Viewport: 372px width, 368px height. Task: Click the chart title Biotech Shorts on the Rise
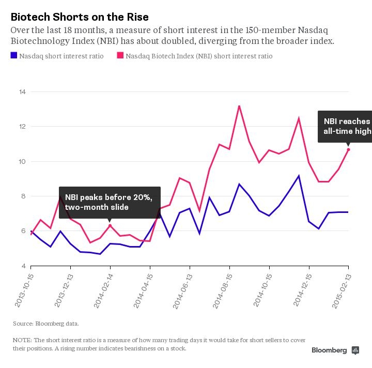[80, 16]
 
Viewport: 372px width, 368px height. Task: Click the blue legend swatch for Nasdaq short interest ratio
[14, 55]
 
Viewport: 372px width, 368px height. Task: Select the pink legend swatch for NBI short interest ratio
[120, 55]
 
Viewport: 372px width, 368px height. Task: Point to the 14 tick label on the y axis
[22, 92]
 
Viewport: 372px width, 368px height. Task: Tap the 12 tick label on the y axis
[22, 127]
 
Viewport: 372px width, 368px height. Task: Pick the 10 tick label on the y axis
[22, 161]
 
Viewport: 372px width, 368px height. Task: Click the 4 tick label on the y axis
[24, 266]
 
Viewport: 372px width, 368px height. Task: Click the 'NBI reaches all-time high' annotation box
[345, 126]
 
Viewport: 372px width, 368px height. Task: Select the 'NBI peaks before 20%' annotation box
[109, 202]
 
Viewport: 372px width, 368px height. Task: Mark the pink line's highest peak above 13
[239, 106]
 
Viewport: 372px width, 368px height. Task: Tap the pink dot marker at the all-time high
[348, 149]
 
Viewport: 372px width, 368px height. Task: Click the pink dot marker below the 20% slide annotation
[110, 226]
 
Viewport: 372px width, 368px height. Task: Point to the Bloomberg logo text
[329, 350]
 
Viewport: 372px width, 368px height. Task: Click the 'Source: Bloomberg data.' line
[46, 324]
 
